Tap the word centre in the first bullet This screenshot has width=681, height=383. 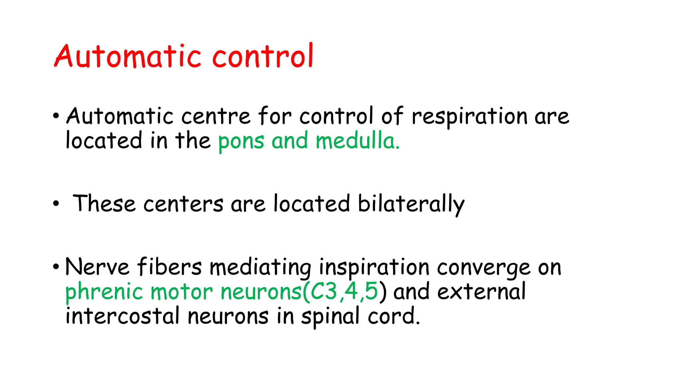(216, 116)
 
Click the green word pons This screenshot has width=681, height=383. (241, 142)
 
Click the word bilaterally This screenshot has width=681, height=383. (411, 204)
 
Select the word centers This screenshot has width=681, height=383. (183, 204)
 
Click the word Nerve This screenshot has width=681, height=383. (97, 267)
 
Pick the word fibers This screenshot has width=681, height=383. (170, 267)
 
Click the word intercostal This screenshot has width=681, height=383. (123, 316)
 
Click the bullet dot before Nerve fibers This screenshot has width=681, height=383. (56, 267)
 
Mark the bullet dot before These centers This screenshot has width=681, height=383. (56, 203)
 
